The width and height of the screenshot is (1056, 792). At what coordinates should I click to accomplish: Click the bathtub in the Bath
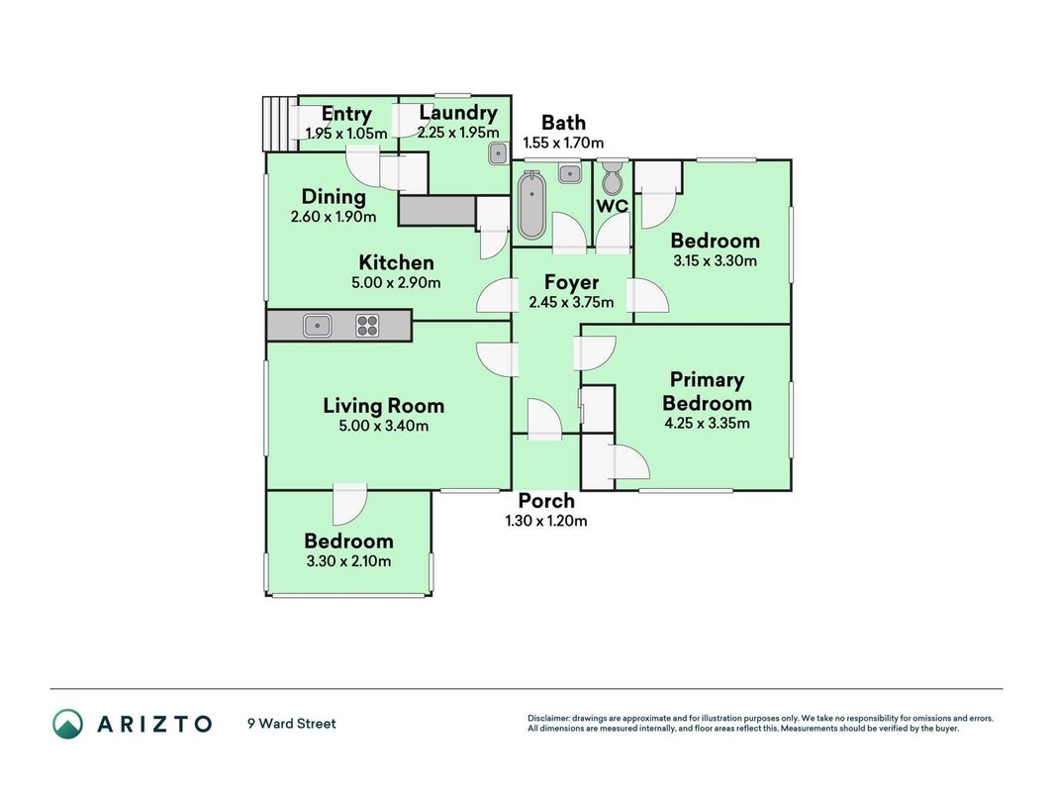(x=531, y=205)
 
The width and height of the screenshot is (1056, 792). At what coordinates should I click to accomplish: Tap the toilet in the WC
(x=613, y=176)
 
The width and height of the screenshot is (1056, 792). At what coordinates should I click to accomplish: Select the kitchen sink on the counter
(x=317, y=326)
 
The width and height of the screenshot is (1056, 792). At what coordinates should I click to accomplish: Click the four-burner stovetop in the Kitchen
(x=367, y=326)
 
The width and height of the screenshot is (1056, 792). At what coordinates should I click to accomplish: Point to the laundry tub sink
(x=497, y=154)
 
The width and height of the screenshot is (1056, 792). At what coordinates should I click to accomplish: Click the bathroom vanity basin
(x=570, y=173)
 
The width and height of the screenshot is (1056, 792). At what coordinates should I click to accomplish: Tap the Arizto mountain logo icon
(x=68, y=724)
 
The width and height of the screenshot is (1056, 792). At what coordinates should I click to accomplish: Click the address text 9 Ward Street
(x=292, y=724)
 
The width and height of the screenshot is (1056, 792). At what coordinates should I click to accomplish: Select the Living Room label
(x=383, y=406)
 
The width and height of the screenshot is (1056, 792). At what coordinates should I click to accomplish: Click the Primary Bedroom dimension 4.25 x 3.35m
(x=707, y=424)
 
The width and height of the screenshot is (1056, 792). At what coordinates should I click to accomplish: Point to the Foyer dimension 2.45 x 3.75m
(x=571, y=302)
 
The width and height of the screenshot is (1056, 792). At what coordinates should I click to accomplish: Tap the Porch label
(x=546, y=501)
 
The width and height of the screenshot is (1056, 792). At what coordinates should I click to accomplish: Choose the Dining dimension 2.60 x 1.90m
(x=334, y=217)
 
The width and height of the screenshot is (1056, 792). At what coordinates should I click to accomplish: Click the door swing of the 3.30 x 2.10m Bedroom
(x=350, y=504)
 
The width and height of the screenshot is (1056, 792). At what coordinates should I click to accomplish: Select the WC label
(x=612, y=206)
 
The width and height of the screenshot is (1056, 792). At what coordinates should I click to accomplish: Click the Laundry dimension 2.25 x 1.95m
(x=458, y=133)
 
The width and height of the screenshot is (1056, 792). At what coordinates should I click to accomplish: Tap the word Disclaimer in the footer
(x=548, y=719)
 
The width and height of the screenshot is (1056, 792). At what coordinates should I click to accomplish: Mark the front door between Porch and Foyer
(x=545, y=420)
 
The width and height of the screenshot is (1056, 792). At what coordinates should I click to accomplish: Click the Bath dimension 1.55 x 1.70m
(x=564, y=143)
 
